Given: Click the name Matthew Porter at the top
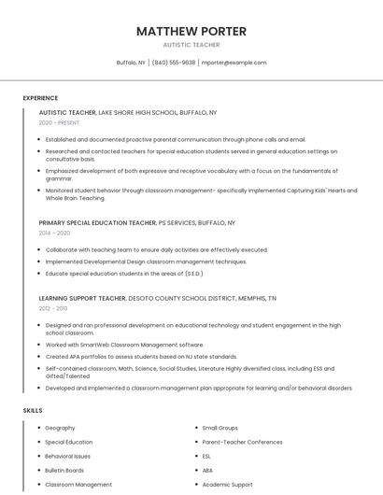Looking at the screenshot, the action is tap(191, 31).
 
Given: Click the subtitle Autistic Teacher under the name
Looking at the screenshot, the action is tap(191, 44).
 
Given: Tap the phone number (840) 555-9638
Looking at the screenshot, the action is tap(174, 63).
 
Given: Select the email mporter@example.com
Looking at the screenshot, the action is tap(234, 63).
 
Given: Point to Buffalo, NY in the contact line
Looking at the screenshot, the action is tap(131, 63).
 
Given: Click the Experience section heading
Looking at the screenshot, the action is tap(40, 98).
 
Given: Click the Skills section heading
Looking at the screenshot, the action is tap(33, 410).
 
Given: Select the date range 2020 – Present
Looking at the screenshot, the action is tap(59, 122).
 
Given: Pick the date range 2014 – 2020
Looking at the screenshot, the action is tap(54, 233).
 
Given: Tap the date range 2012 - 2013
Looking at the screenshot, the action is tap(53, 307).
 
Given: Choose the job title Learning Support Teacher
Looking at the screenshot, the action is tap(82, 298).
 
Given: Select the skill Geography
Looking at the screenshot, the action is tap(61, 427).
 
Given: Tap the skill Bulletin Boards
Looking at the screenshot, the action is tap(64, 471).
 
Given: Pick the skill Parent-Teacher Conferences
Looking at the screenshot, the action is tap(243, 442).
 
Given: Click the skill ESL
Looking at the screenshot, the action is tap(207, 456).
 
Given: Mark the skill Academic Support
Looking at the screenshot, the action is tap(228, 485).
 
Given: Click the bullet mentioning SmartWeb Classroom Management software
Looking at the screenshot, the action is tap(124, 345).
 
